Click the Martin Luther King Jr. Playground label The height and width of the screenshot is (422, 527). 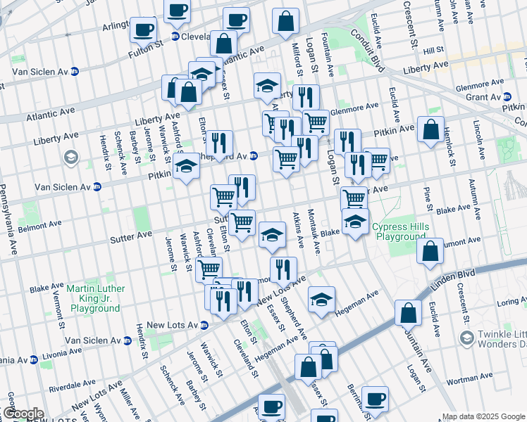[96, 298]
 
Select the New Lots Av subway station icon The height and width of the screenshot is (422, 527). [204, 325]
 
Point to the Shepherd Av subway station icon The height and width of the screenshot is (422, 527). [254, 155]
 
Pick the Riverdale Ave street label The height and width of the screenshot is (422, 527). [75, 386]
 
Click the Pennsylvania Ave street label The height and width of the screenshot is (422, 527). [8, 210]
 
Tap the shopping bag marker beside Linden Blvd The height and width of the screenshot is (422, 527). [408, 313]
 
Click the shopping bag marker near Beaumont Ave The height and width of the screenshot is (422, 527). [430, 252]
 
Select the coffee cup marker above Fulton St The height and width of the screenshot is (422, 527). [144, 30]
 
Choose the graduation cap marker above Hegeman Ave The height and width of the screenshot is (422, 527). [321, 299]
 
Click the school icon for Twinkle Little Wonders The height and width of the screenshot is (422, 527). [466, 339]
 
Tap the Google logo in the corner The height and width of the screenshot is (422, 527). [23, 414]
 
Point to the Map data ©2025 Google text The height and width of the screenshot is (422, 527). [483, 416]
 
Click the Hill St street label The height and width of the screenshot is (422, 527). [433, 50]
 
